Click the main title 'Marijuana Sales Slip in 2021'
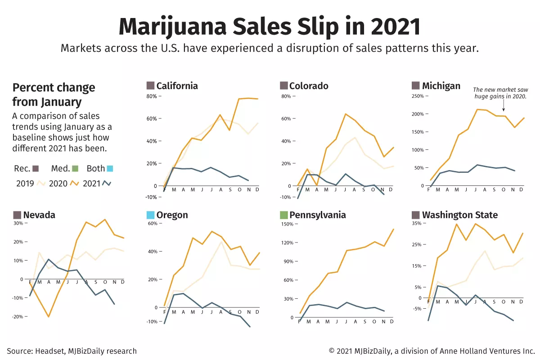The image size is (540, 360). click(x=270, y=27)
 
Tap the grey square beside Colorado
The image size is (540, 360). click(x=283, y=85)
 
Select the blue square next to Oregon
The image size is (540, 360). click(x=150, y=215)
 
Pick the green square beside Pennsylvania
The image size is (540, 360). click(x=283, y=215)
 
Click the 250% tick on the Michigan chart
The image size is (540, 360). click(x=418, y=96)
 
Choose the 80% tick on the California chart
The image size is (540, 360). click(x=151, y=96)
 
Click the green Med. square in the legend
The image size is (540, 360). click(x=75, y=169)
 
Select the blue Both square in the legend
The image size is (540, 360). click(x=110, y=169)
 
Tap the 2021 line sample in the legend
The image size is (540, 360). click(x=107, y=183)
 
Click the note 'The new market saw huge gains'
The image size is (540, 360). click(x=499, y=93)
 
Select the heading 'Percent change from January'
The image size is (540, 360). click(x=54, y=94)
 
